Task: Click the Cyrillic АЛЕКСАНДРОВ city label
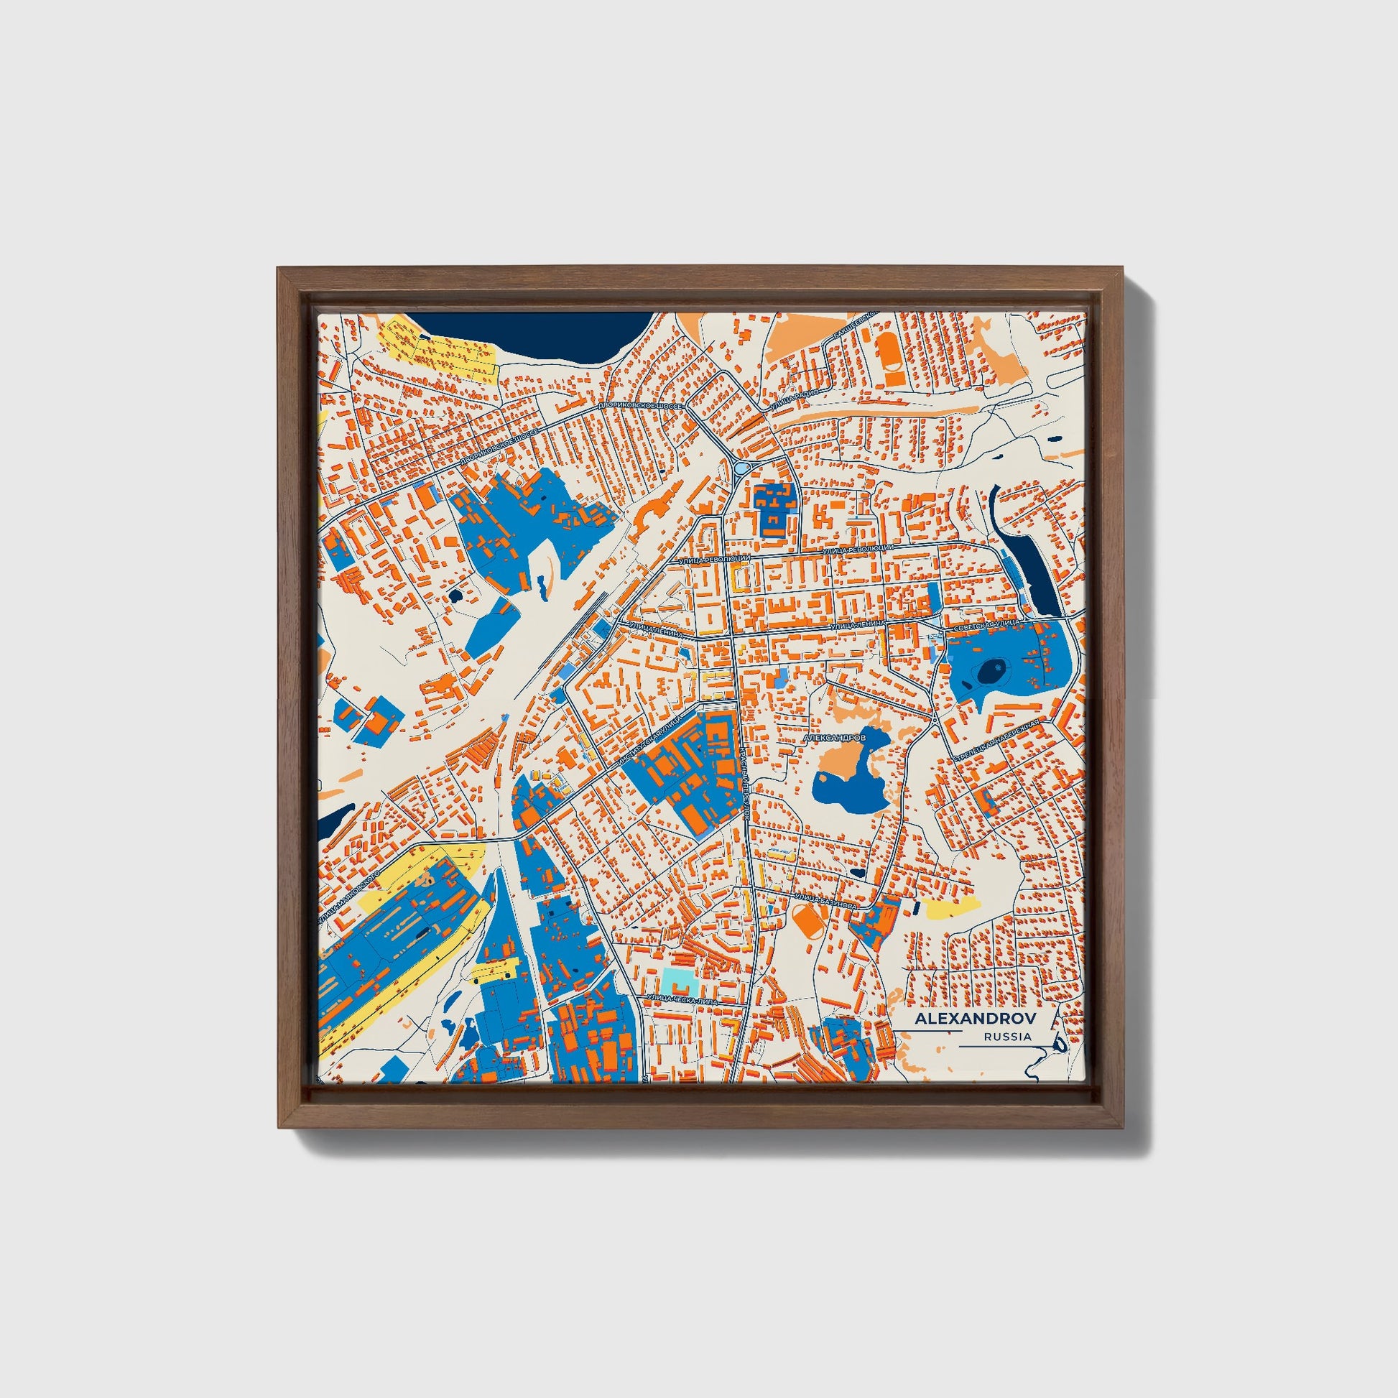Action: pos(834,739)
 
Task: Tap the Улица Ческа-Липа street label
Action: pos(683,1000)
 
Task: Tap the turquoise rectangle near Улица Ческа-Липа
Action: pos(677,981)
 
